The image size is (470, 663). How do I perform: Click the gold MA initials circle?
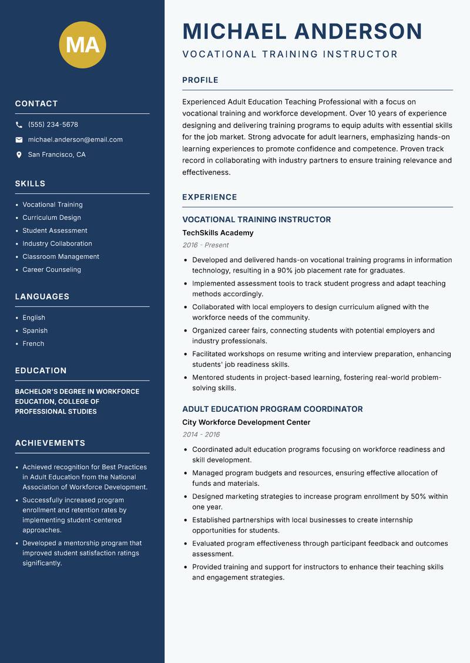[83, 44]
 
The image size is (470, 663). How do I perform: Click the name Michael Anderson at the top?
[302, 31]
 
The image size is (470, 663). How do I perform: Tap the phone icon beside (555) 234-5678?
[19, 125]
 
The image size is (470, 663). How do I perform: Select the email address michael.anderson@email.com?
[75, 140]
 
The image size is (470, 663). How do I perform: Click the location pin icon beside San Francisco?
[19, 155]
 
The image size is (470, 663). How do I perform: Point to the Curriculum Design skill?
[52, 218]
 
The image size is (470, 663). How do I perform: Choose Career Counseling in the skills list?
[52, 270]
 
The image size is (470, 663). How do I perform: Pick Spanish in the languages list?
[35, 331]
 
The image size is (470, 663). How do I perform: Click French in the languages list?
[33, 344]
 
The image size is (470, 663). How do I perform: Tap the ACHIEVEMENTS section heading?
[50, 443]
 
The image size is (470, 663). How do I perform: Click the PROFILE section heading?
[200, 80]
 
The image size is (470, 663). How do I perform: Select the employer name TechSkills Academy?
[217, 233]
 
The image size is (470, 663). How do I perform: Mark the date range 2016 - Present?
[205, 245]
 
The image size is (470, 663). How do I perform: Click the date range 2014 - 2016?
[201, 435]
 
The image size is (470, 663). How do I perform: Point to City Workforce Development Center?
[246, 422]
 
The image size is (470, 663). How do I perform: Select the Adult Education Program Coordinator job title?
[272, 409]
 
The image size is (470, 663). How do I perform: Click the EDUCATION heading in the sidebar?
[41, 371]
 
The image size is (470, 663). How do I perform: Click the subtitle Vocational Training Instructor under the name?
[290, 55]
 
